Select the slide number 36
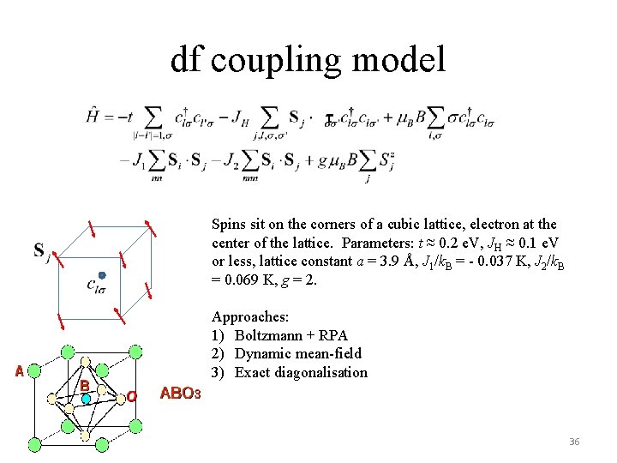pyautogui.click(x=573, y=442)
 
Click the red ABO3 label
pyautogui.click(x=180, y=394)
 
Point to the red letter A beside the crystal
pyautogui.click(x=18, y=371)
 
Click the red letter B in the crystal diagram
pyautogui.click(x=84, y=387)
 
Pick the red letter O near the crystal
pyautogui.click(x=132, y=395)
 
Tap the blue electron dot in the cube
pyautogui.click(x=101, y=275)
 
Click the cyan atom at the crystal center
pyautogui.click(x=86, y=400)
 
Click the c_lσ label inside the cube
pyautogui.click(x=96, y=286)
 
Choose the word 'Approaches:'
pyautogui.click(x=249, y=317)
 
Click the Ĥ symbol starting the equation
pyautogui.click(x=92, y=117)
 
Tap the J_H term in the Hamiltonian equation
pyautogui.click(x=243, y=117)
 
